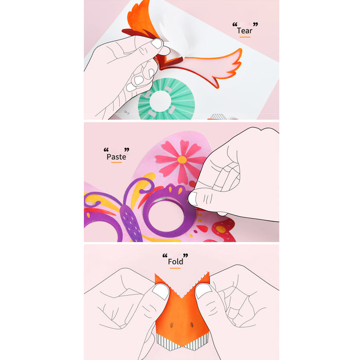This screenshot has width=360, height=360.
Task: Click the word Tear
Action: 244,30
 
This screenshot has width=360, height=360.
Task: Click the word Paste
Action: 116,157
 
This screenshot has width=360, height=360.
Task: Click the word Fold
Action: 175,261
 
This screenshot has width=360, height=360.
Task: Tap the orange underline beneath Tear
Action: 245,37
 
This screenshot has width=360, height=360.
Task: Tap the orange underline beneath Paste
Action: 116,163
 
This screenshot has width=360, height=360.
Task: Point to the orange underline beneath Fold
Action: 175,268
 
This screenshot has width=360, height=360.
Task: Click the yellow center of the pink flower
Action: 182,159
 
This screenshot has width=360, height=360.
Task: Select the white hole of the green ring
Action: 160,101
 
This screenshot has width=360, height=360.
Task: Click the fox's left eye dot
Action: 171,326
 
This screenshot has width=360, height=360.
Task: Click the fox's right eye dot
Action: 192,325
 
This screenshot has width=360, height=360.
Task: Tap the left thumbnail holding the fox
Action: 160,292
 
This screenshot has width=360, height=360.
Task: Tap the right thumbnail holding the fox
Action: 203,290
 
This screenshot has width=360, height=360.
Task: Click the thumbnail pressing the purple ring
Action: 192,199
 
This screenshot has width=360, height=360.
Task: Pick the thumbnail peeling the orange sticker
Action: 157,43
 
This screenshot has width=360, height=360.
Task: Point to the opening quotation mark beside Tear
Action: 235,24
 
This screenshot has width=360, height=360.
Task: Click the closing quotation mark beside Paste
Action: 127,150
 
